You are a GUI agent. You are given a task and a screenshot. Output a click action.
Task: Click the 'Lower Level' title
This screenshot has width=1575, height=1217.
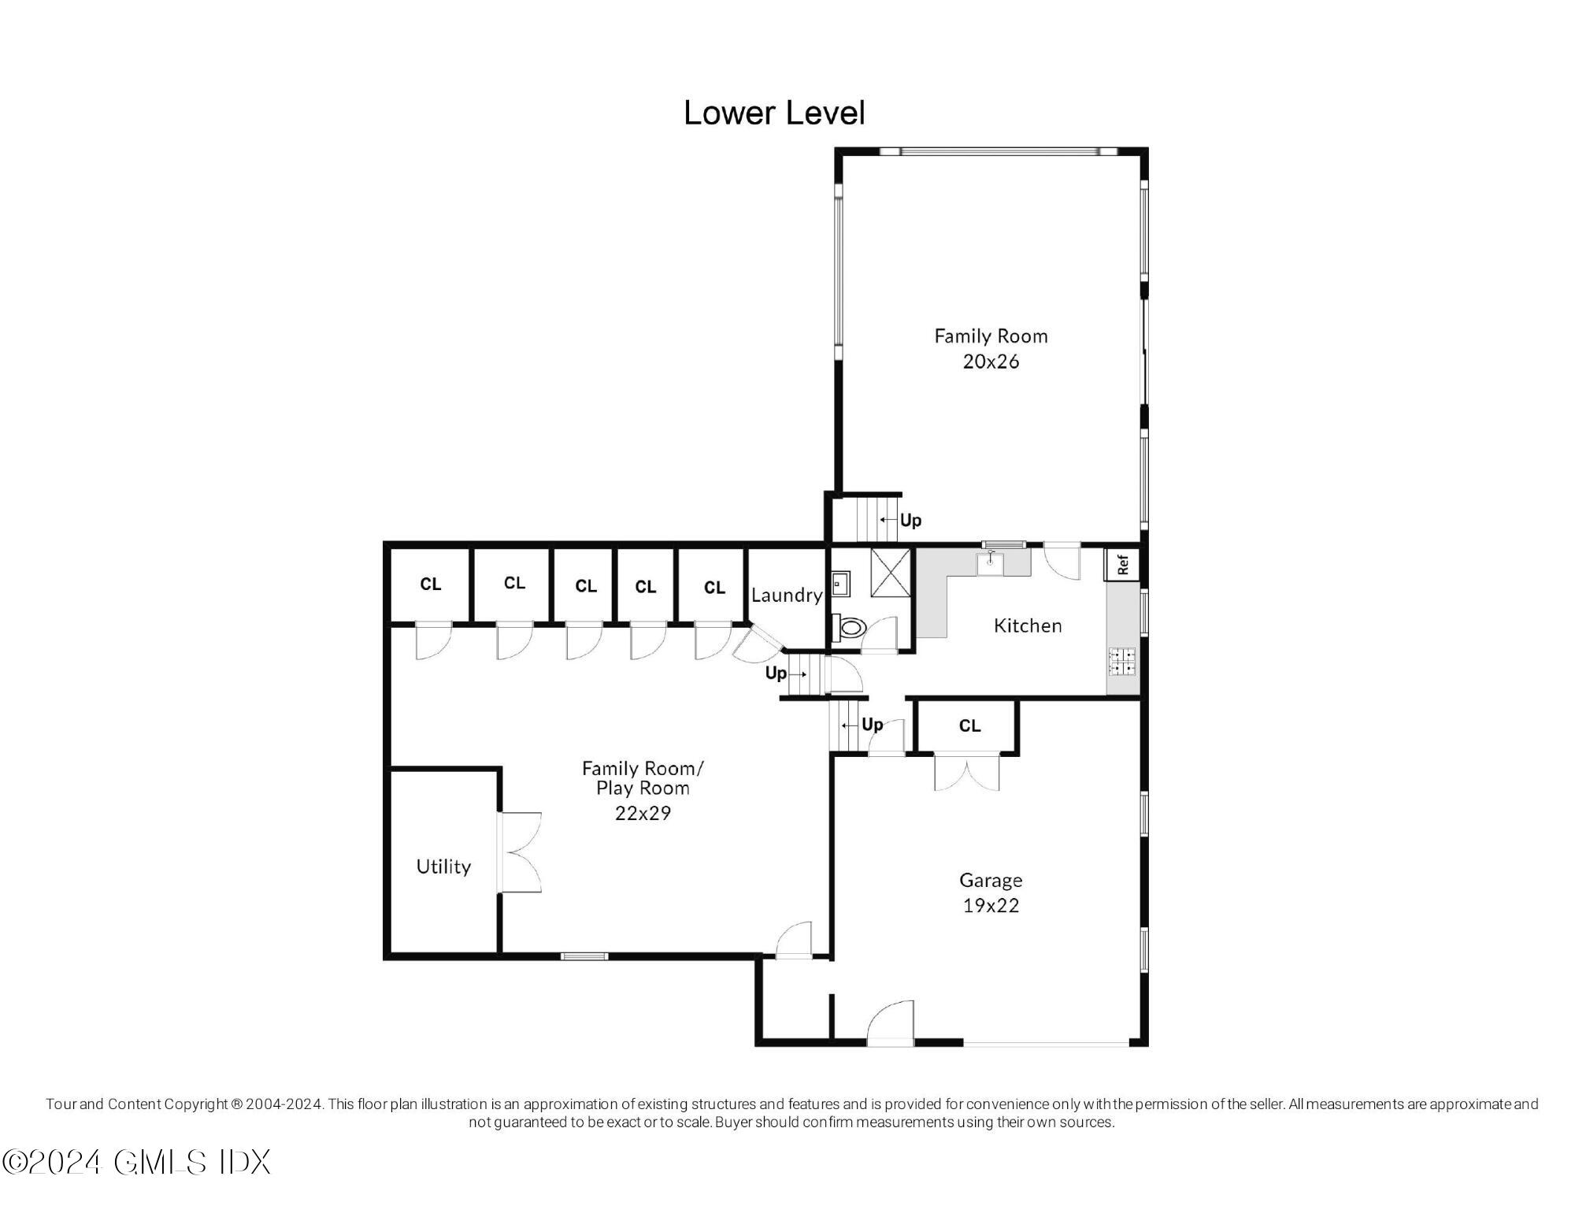click(x=774, y=113)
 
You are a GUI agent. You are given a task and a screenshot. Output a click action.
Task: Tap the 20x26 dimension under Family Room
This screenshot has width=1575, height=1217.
click(x=991, y=362)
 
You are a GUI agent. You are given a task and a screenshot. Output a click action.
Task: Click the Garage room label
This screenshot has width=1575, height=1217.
click(x=991, y=880)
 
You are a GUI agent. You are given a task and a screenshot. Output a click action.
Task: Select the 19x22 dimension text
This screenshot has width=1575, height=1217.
click(x=991, y=906)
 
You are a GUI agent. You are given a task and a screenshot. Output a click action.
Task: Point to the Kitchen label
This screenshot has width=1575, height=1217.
click(x=1028, y=625)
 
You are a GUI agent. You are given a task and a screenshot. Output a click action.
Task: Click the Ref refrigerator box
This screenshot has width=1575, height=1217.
click(x=1123, y=564)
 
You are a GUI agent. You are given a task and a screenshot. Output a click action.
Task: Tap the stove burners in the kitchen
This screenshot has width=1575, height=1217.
click(x=1122, y=662)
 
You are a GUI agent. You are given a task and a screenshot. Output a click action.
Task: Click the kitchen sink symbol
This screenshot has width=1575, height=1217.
click(x=990, y=563)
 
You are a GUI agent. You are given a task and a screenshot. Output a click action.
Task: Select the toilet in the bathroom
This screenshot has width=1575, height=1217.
click(x=850, y=628)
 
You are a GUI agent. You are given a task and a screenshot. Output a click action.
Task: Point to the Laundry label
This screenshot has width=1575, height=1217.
click(x=786, y=596)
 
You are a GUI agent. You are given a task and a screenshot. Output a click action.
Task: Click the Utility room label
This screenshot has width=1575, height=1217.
click(x=443, y=866)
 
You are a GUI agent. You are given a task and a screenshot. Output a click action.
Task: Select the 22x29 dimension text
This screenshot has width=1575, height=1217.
click(x=643, y=813)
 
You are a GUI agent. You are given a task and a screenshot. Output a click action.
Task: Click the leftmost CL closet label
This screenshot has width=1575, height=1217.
click(x=431, y=584)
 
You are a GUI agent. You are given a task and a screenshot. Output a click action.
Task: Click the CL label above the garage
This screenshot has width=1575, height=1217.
click(x=969, y=725)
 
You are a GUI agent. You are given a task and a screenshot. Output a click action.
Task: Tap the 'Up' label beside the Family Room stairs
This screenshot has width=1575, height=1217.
click(x=910, y=521)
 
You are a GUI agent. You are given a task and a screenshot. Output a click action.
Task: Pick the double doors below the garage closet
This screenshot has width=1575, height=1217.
click(x=966, y=772)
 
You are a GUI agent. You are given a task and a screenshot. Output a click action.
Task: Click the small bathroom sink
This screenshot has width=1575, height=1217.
click(x=839, y=584)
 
